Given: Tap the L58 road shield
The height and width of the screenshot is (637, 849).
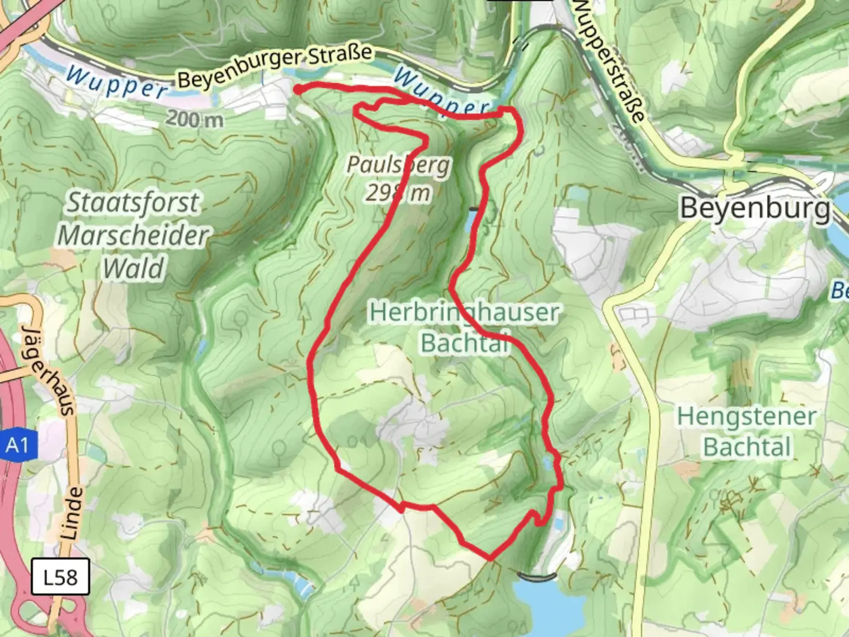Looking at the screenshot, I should coord(60,576).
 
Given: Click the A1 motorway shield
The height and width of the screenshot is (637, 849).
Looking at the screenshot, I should coord(17,445).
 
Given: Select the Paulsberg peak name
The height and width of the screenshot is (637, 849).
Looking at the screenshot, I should coord(398,165).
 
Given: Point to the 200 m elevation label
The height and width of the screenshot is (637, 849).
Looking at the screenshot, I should coord(195,119).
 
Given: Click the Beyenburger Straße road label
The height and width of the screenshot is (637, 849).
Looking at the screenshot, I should coord(275,66).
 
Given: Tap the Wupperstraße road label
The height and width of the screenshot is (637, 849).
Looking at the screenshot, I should coord(608,59).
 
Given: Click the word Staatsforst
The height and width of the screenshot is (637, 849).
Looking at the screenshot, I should coord(133,203).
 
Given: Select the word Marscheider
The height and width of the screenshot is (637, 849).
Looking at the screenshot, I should coord(133,236).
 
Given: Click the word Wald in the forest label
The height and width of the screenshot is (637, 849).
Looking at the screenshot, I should coord(133,269).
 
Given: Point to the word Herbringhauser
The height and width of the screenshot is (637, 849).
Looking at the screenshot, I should coord(464,312).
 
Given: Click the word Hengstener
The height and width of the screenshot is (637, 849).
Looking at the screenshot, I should coord(746,416).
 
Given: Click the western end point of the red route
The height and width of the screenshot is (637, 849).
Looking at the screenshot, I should coord(296,89).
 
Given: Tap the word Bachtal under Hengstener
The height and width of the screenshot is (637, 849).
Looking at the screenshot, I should coord(746,447).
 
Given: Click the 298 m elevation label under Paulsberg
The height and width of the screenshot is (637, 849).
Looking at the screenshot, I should coord(398,192).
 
